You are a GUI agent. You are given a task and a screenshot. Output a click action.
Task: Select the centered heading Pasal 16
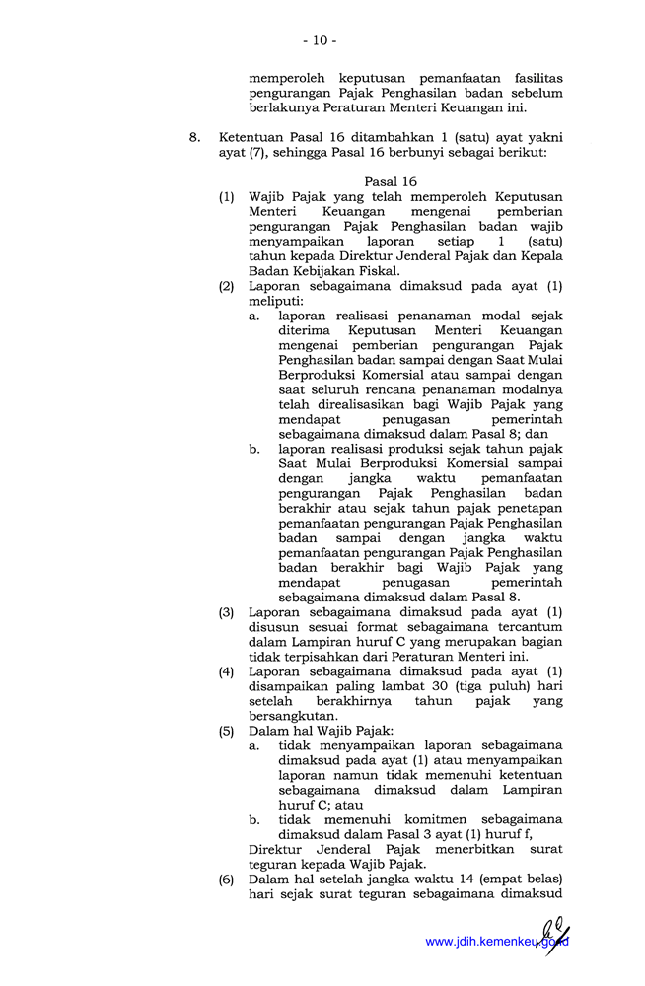(x=391, y=182)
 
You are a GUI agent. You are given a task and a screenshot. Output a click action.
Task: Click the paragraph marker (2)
(x=227, y=286)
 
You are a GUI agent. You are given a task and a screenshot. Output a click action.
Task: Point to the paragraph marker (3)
(x=227, y=612)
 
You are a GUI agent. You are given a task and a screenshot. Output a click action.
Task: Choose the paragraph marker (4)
(x=227, y=671)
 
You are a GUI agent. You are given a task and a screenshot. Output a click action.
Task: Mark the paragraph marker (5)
(x=227, y=731)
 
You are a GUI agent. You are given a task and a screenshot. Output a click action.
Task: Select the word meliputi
(x=276, y=301)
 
